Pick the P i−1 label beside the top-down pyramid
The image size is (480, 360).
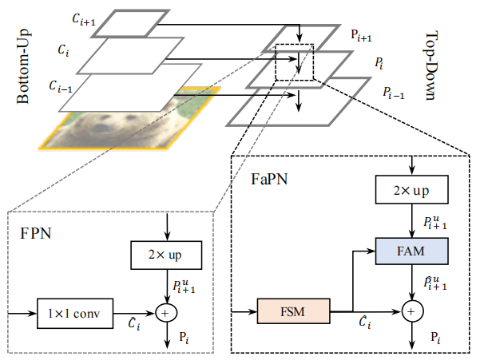click(x=392, y=92)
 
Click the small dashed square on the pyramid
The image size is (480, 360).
click(x=295, y=61)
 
